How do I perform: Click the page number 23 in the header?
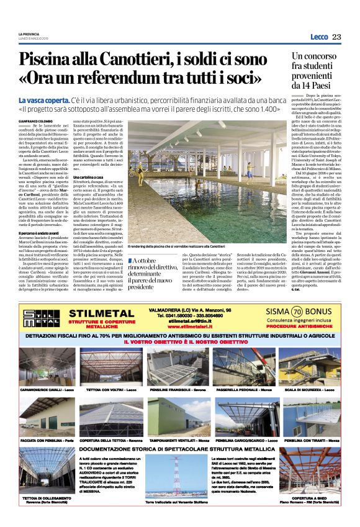tap(336, 37)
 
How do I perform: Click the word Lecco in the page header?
tap(318, 37)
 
